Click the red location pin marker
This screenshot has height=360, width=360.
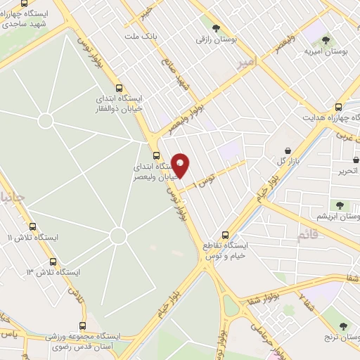(x=180, y=165)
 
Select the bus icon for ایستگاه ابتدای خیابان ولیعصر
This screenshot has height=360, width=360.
(x=156, y=156)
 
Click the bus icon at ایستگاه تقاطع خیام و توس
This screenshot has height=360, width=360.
(x=226, y=235)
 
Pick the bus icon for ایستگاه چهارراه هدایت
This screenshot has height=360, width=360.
(x=340, y=107)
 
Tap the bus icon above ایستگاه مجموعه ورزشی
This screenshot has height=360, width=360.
(x=83, y=326)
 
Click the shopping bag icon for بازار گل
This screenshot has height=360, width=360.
(x=289, y=151)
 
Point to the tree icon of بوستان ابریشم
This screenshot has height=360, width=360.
(x=340, y=205)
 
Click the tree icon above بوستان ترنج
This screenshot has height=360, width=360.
(x=343, y=326)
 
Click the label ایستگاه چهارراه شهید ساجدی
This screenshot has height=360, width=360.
(x=29, y=19)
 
